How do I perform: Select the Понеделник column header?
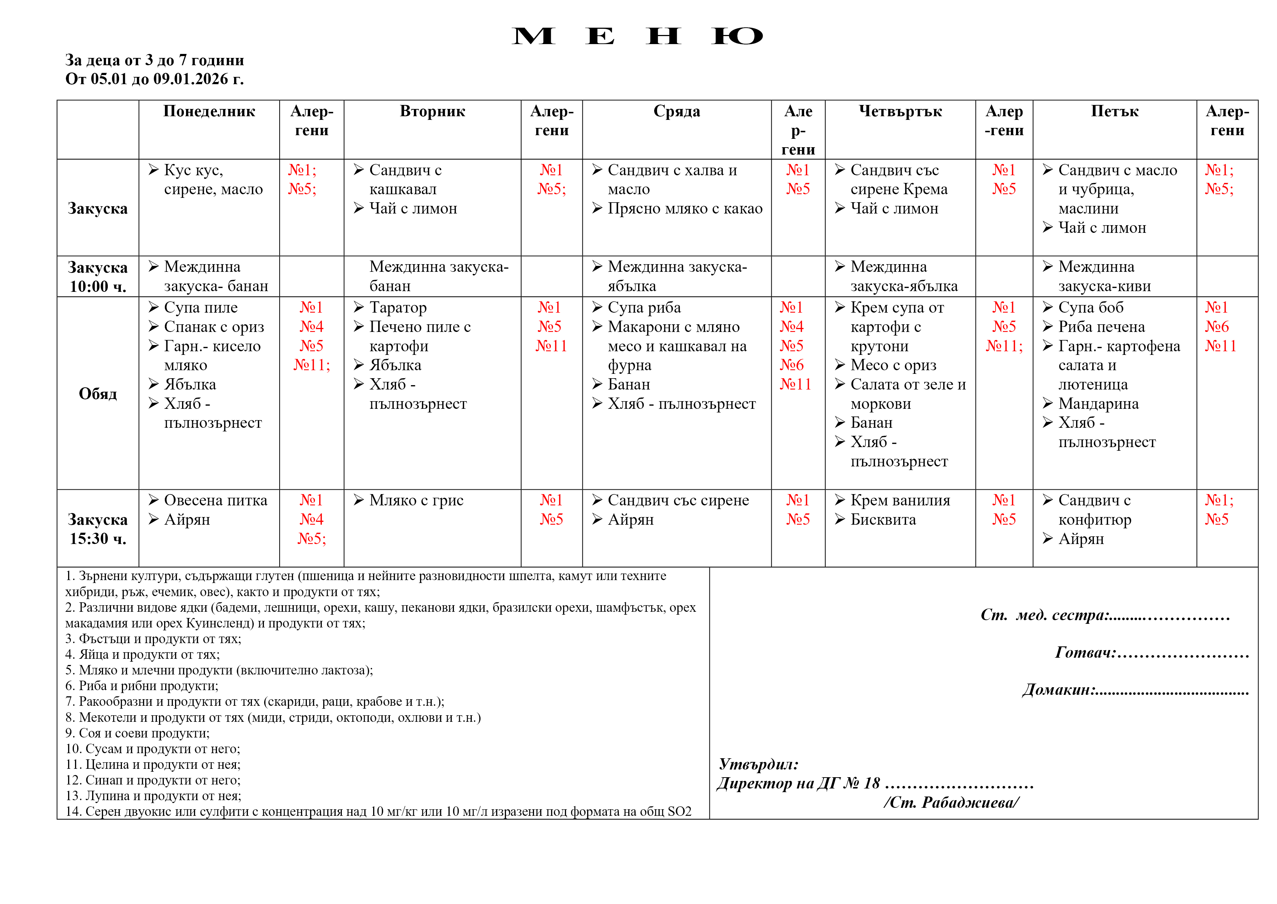coord(209,111)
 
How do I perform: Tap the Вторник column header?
coord(432,111)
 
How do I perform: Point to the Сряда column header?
coord(676,111)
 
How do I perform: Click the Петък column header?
coord(1115,111)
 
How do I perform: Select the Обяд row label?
coord(98,394)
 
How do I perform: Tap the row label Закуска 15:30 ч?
coord(98,529)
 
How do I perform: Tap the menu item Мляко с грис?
coord(416,500)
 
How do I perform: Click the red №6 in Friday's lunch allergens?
coord(1217,327)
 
